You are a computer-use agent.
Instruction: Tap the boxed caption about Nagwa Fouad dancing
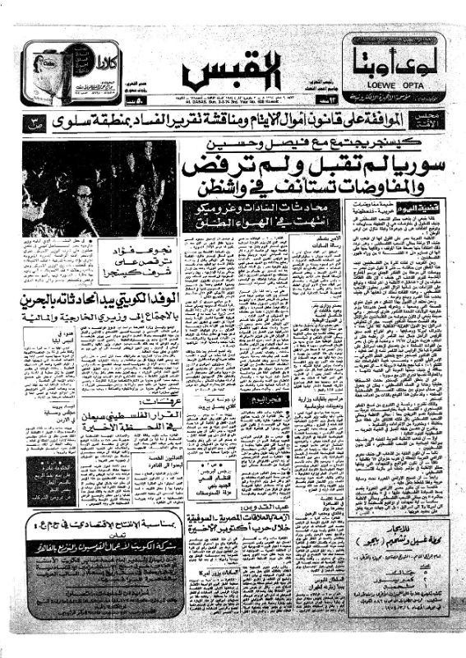(x=129, y=255)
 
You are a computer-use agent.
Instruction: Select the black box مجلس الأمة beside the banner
(x=432, y=122)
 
